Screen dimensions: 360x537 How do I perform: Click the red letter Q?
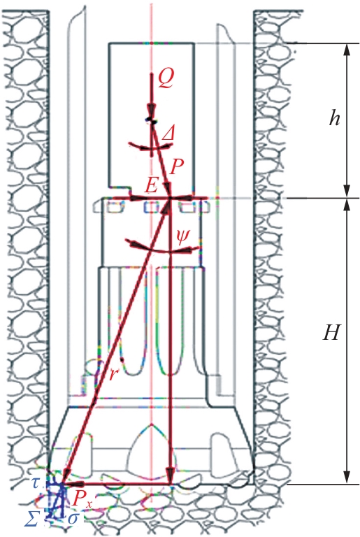coord(166,80)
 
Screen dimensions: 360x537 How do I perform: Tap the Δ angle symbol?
coord(168,134)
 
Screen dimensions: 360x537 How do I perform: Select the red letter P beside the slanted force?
coord(177,167)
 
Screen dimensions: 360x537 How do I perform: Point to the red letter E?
coord(151,186)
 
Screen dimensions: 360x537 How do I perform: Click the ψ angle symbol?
coord(182,236)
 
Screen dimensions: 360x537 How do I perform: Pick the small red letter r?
coord(113,375)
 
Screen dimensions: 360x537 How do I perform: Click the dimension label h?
coord(334,118)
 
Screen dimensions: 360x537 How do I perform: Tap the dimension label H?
coord(331,332)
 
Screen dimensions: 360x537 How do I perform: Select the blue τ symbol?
coord(35,483)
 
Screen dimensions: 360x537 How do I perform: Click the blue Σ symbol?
coord(31,520)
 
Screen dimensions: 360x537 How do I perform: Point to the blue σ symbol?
coord(73,519)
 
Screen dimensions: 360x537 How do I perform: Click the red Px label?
coord(82,501)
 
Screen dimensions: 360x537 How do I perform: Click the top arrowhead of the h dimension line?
coord(347,50)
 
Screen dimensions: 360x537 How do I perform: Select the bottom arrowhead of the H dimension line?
coord(347,477)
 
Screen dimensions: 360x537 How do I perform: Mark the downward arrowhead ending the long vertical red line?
coord(170,475)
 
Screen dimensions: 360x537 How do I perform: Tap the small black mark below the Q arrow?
coord(152,120)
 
